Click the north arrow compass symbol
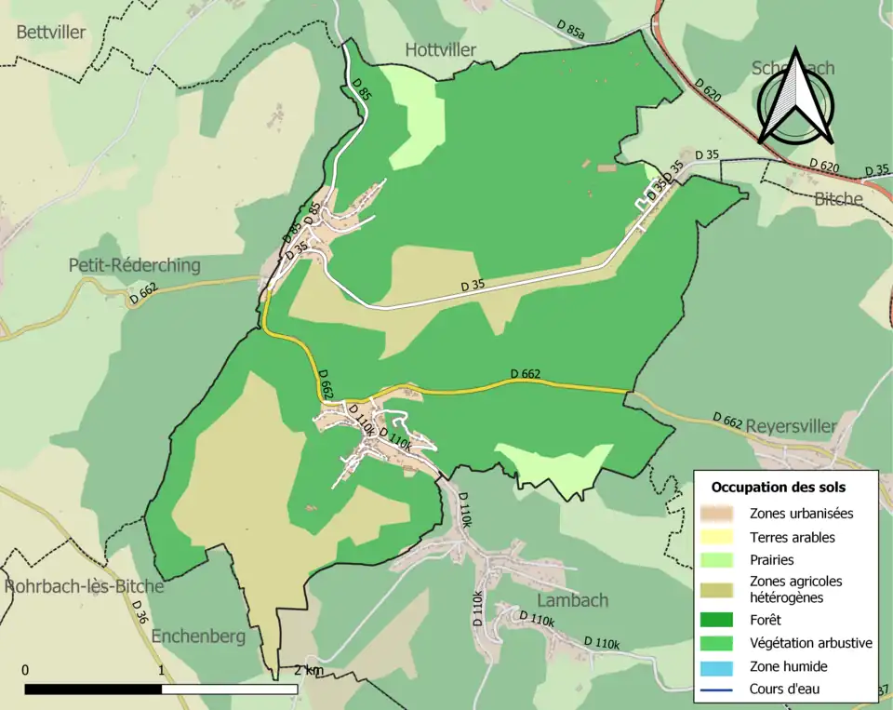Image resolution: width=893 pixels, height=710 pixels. (794, 96)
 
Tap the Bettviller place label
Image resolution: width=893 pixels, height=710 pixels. (51, 33)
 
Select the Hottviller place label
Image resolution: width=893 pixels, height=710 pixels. (441, 49)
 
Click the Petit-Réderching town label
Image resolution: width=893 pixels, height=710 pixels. (135, 265)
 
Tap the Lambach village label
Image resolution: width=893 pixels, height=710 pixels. (572, 600)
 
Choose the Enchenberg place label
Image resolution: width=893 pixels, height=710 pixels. (197, 636)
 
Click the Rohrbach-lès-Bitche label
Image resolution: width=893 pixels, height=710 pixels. (84, 586)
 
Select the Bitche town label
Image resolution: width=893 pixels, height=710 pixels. (838, 199)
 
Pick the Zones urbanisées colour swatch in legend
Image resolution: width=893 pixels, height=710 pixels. (719, 513)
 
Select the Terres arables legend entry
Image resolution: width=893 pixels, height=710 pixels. (793, 537)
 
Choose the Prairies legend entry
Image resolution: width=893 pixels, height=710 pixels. (772, 560)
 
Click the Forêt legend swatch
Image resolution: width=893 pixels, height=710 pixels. (719, 620)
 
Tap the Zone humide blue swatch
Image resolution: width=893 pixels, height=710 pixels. (719, 666)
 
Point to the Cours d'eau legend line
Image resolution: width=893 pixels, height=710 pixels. (719, 690)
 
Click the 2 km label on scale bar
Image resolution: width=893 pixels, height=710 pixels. (309, 670)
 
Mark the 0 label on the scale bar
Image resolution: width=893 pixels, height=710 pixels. (25, 670)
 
